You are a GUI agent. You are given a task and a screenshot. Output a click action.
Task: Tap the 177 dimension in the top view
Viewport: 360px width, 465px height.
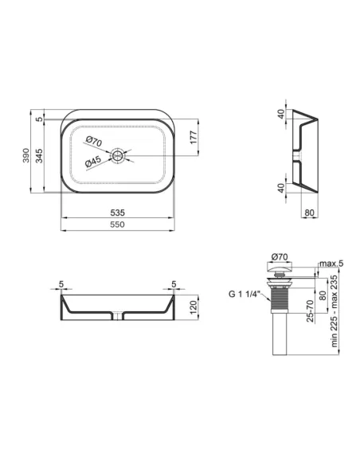pos(193,136)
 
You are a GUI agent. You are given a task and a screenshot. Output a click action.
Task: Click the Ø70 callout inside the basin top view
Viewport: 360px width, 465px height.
pos(92,142)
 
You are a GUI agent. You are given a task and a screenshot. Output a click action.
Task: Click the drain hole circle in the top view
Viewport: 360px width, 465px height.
pos(119,154)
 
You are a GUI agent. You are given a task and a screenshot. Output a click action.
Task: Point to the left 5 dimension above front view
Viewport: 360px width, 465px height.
pos(61,283)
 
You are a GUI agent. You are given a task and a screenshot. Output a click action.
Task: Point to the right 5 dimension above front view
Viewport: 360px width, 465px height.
pos(174,283)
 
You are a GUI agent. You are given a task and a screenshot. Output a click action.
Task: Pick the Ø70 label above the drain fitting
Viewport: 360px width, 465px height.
pos(280,256)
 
